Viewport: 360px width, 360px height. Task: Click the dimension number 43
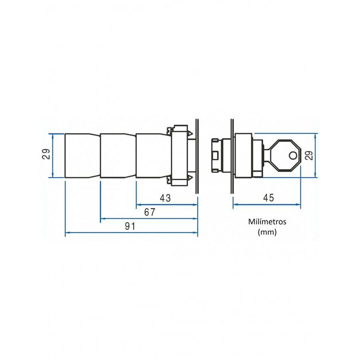[165, 198]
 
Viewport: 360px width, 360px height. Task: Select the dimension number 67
[150, 212]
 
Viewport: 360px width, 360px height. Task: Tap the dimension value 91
[130, 226]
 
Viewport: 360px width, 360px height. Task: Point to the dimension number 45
[268, 198]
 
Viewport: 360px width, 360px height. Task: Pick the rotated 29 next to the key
[310, 156]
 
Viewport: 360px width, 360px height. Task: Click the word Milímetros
[267, 222]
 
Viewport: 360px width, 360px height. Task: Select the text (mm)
[267, 232]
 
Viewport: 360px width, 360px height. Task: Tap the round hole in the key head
[293, 156]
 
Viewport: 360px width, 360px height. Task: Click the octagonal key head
[285, 156]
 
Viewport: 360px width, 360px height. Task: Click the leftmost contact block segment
[82, 156]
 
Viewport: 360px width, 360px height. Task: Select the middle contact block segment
[118, 156]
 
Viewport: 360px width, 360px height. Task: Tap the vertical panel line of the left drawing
[197, 156]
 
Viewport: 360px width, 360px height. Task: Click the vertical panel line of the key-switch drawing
[232, 156]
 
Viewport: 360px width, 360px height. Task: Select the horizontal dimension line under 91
[131, 232]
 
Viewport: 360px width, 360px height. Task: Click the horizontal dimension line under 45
[267, 204]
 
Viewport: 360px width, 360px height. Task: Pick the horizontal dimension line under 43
[167, 204]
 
